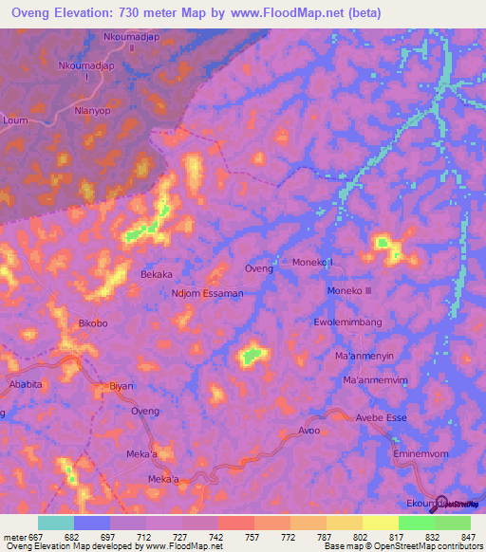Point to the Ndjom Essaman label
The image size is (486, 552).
(x=208, y=293)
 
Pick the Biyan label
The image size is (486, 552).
(x=121, y=386)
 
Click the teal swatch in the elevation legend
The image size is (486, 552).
(x=56, y=523)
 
